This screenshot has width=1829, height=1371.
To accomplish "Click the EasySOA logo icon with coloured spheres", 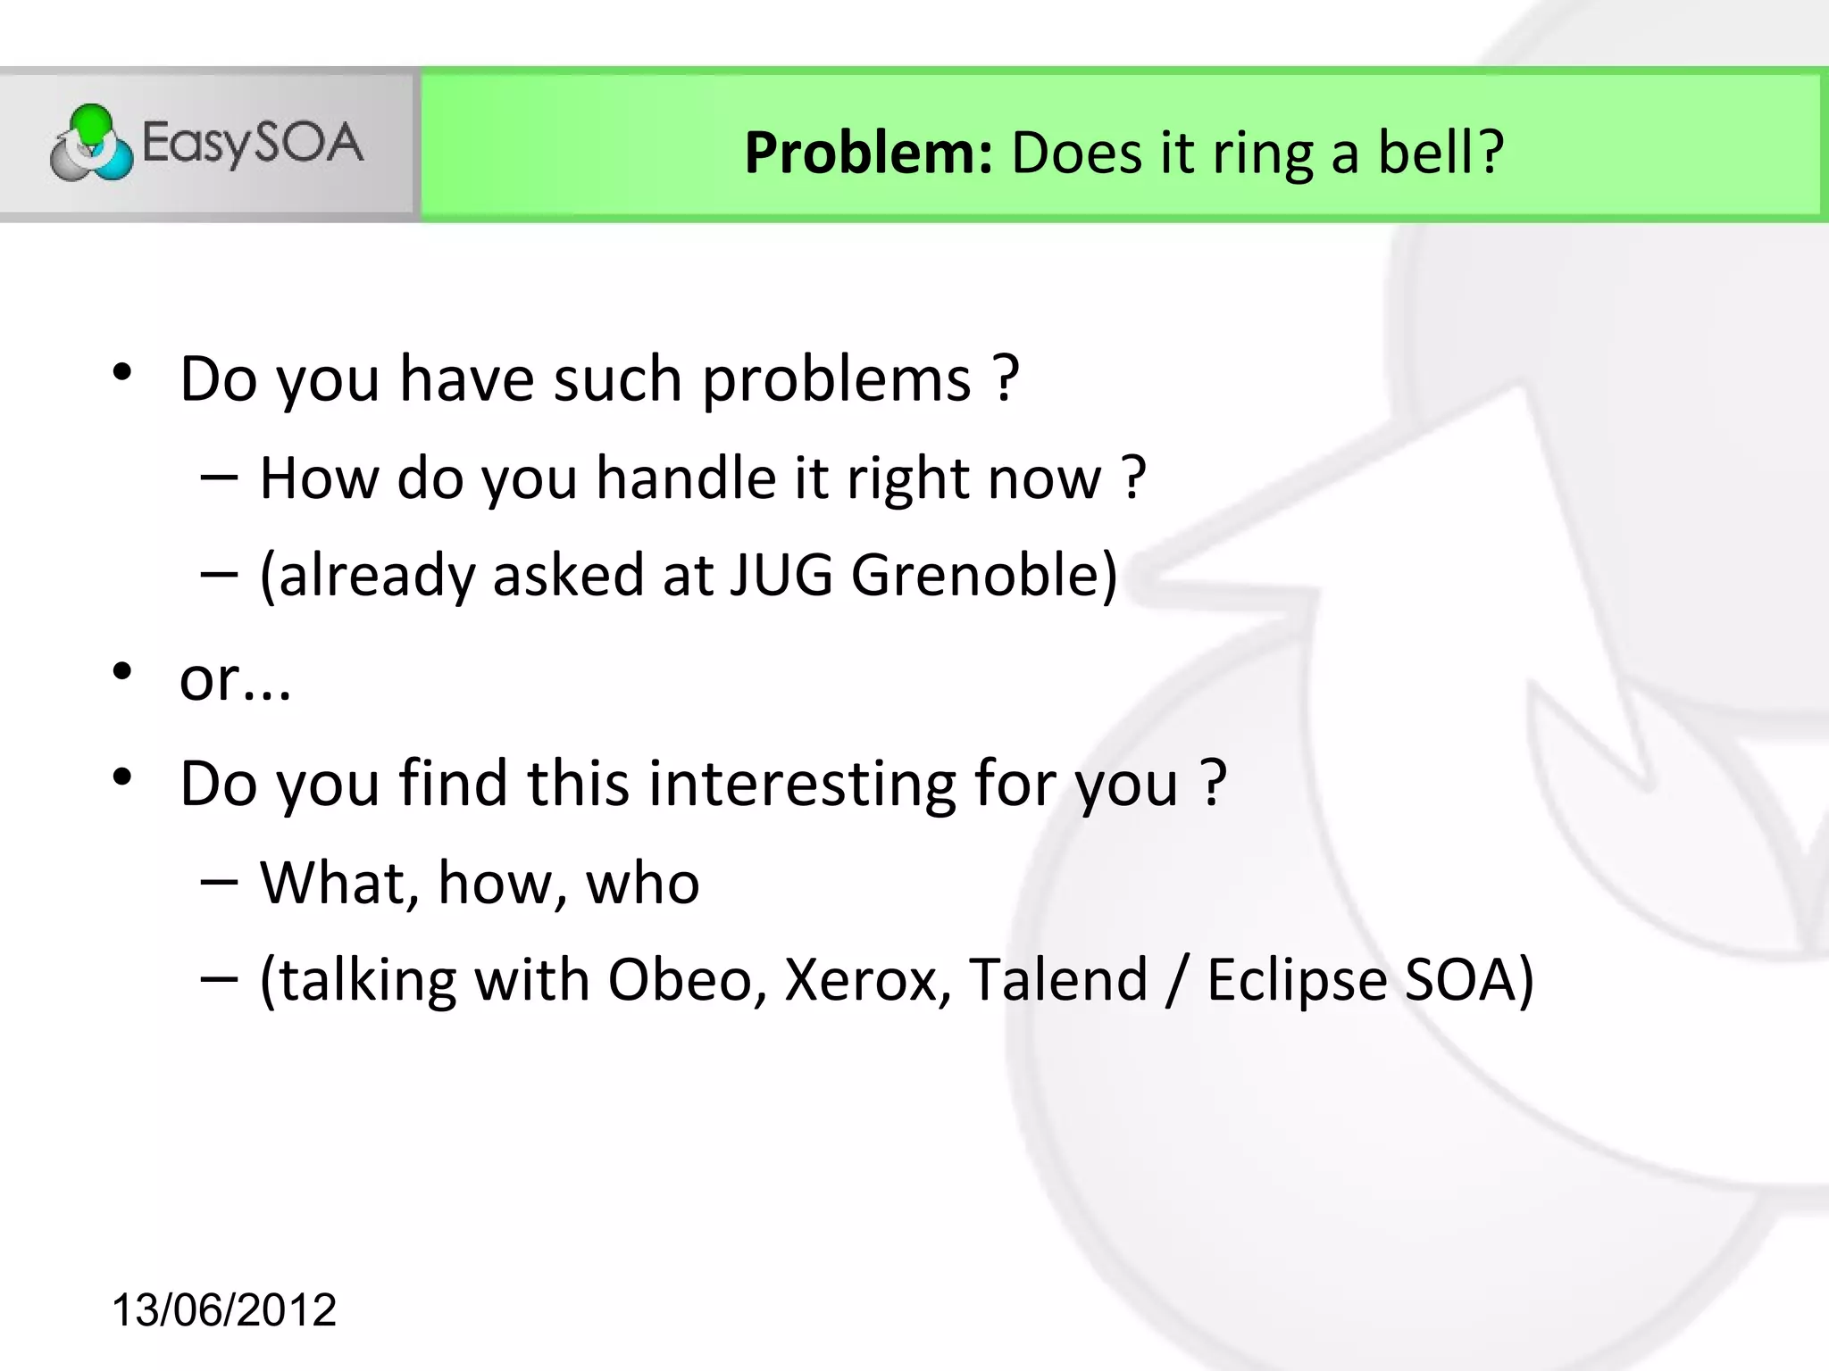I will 91,144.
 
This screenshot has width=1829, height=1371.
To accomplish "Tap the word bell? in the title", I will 1441,153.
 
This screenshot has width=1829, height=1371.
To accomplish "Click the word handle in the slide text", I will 686,478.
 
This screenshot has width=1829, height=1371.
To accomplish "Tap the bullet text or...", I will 235,680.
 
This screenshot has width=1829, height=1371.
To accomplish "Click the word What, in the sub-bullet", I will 339,884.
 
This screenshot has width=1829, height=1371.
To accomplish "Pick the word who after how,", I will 642,884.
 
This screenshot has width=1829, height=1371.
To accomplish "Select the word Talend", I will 1058,980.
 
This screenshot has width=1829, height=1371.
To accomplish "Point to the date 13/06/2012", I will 224,1310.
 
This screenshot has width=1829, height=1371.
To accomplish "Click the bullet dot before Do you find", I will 122,777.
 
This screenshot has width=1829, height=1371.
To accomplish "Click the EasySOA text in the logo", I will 253,144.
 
